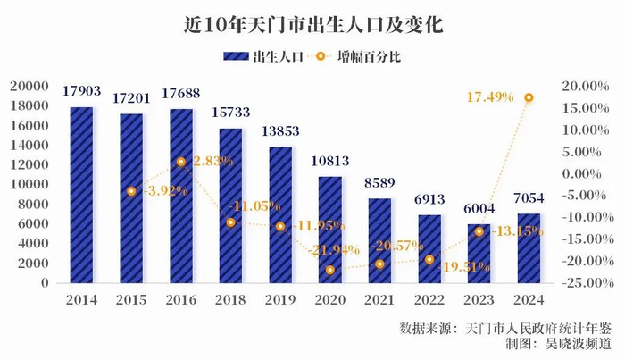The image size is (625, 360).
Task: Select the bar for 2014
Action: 81,195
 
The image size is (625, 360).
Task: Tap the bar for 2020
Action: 330,230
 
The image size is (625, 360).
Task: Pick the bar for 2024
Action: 529,247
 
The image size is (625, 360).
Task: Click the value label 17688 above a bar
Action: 181,92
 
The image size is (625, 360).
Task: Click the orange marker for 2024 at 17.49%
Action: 529,97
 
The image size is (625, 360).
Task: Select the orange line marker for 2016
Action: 181,162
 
